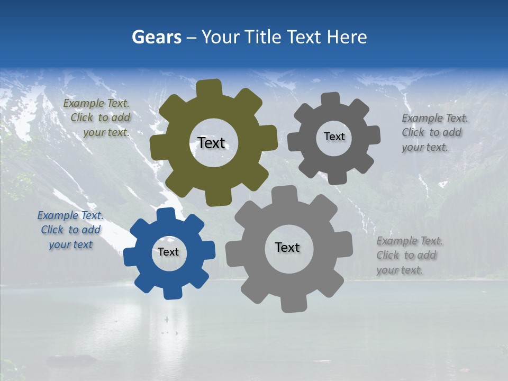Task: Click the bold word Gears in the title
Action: point(156,37)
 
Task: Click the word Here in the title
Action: point(347,37)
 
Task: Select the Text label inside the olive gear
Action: point(211,143)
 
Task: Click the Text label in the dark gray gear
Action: point(334,137)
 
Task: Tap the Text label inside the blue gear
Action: point(168,252)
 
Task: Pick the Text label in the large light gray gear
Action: point(287,247)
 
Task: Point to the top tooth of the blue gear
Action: point(166,214)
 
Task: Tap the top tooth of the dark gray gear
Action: point(331,99)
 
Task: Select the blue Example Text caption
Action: point(70,230)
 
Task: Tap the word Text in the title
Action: point(304,37)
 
